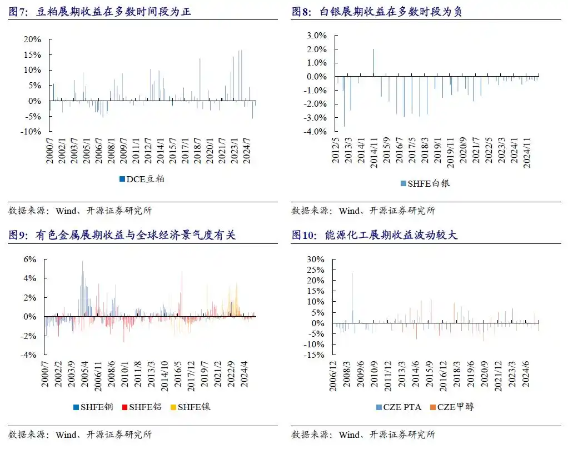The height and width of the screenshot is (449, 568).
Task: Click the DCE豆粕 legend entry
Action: pos(142,179)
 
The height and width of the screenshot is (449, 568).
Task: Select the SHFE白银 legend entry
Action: pos(425,183)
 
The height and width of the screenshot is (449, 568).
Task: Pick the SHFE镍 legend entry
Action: pos(190,407)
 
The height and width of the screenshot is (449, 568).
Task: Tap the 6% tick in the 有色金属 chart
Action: pos(29,260)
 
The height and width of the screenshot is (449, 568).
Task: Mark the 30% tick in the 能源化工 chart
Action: pos(315,260)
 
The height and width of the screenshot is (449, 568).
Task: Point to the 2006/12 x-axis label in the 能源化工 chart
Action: pos(335,376)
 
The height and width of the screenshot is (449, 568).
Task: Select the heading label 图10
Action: pos(303,236)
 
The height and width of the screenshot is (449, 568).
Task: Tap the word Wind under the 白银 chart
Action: pos(350,211)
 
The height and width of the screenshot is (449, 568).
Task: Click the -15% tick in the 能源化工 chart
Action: pos(314,355)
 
